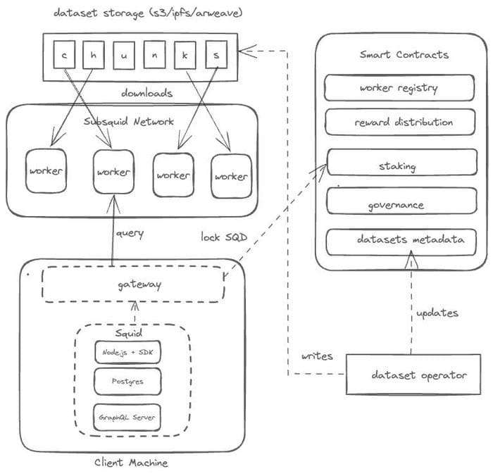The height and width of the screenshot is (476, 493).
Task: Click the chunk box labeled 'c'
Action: pos(65,54)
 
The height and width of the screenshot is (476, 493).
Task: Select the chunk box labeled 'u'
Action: pos(124,54)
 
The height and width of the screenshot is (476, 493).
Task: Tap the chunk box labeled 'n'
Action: pos(154,54)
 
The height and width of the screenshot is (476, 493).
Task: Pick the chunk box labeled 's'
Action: pos(216,54)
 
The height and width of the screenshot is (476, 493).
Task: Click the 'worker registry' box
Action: pos(398,88)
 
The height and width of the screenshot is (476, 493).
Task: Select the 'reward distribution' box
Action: pos(398,122)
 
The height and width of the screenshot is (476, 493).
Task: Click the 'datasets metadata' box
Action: pos(398,241)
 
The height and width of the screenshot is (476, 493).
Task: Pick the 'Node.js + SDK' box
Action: pos(127,351)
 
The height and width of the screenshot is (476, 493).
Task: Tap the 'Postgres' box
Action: pos(127,382)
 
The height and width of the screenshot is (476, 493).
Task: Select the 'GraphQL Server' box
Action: pos(127,418)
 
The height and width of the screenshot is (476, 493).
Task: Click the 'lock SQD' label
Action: pos(224,237)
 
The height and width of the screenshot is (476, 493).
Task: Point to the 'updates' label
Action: pos(437,312)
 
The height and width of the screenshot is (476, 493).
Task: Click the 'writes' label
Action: pos(317,356)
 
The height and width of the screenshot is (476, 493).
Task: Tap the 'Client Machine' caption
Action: pos(131,462)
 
